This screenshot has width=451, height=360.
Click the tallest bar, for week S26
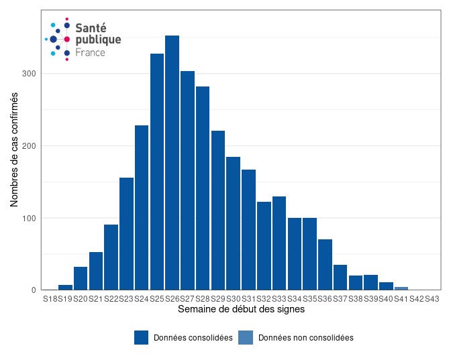click(172, 163)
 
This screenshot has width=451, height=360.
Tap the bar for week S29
click(218, 211)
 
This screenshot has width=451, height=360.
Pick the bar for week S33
click(279, 243)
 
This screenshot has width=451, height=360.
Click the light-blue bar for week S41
click(401, 288)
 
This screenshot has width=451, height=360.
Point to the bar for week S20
click(81, 278)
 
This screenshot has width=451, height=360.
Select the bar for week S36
click(325, 265)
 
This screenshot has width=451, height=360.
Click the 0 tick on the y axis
click(33, 290)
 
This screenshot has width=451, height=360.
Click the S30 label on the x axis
click(233, 299)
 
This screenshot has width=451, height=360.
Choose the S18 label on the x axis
click(50, 299)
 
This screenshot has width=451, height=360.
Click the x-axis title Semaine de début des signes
click(241, 310)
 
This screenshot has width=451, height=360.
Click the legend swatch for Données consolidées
click(141, 338)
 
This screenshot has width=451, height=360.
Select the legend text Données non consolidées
click(305, 338)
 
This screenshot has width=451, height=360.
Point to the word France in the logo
click(90, 52)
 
